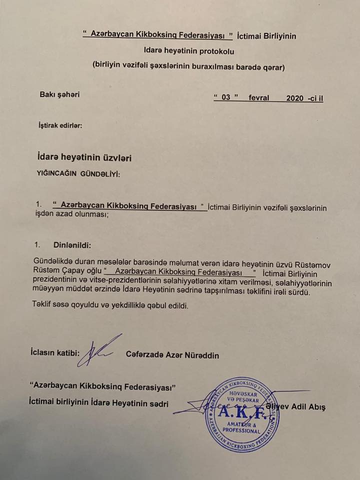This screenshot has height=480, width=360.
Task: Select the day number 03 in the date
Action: (x=226, y=97)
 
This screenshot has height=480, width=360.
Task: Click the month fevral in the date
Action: (x=259, y=97)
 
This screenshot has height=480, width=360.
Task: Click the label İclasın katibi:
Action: (x=54, y=352)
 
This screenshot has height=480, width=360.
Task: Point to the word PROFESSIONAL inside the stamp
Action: (x=242, y=430)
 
